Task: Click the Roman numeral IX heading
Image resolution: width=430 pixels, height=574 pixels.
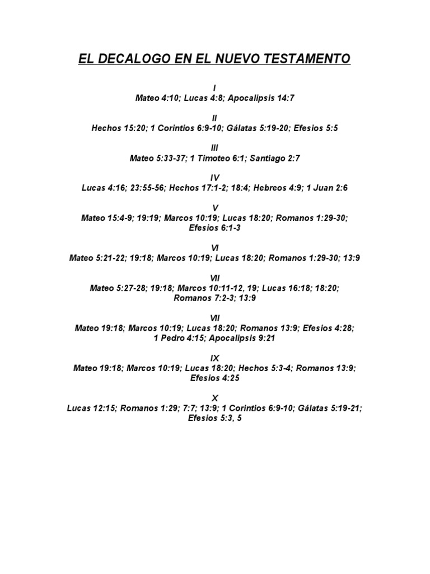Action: [215, 358]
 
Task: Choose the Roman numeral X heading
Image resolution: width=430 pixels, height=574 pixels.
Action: [215, 398]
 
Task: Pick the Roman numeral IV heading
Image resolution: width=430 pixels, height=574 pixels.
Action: [215, 178]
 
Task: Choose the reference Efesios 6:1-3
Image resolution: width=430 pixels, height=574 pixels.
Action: [215, 228]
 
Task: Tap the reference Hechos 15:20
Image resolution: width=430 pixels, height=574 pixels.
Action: [116, 128]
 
